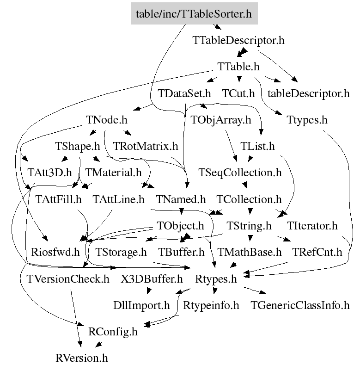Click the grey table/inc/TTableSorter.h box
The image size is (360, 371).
pos(194,13)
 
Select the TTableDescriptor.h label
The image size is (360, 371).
pos(238,40)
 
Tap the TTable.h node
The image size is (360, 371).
pos(238,67)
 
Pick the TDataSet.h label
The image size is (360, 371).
pos(184,93)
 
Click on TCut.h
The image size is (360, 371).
pos(238,93)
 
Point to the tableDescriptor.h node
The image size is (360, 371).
pos(308,93)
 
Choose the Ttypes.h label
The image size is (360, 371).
pos(307,120)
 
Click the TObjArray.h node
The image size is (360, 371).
pos(221,120)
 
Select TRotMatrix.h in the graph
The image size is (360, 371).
pos(146,146)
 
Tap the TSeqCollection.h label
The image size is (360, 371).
pos(240,173)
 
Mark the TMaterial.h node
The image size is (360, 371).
pos(113,173)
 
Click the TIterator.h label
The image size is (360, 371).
pos(312,226)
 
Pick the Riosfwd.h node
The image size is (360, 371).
pos(55,252)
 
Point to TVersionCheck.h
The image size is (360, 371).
pos(68,279)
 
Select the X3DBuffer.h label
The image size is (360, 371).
pos(152,279)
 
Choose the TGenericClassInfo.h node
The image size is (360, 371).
pos(300,305)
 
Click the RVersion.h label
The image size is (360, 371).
pos(81,358)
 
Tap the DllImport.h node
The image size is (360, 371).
pos(141,305)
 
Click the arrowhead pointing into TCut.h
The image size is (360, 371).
pos(239,79)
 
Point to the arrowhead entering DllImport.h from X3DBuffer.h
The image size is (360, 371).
pos(149,291)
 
